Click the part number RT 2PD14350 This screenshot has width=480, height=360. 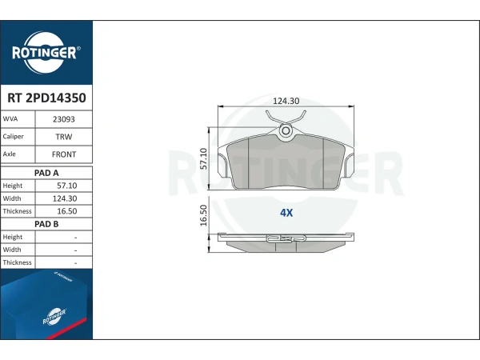coord(46,98)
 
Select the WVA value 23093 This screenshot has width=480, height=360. coord(64,119)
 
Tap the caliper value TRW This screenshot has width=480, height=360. coord(64,137)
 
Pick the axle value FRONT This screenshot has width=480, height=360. coord(64,154)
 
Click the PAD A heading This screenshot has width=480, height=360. coord(46,173)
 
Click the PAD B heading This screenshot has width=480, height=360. coord(46,224)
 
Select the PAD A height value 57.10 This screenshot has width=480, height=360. coord(67,186)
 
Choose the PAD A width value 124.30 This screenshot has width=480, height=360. coord(65,198)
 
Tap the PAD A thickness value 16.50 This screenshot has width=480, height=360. coord(67,211)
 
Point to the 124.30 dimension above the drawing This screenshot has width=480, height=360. coord(286,101)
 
